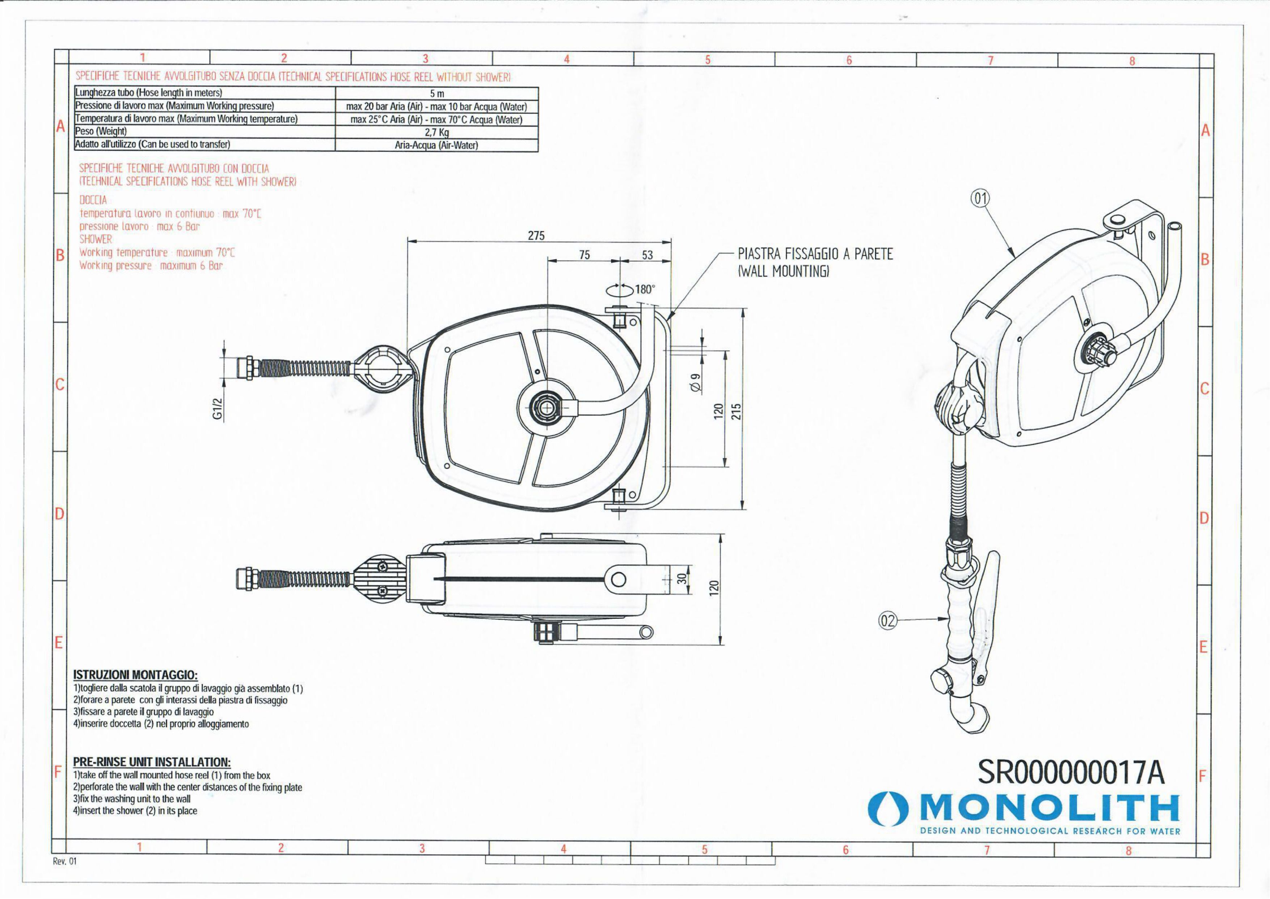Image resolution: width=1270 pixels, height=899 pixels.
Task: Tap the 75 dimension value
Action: coord(584,255)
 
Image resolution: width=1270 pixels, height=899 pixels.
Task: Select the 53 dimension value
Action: coord(647,255)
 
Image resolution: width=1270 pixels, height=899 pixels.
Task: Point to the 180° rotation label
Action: coord(645,289)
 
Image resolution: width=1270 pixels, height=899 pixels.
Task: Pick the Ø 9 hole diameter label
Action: coord(696,383)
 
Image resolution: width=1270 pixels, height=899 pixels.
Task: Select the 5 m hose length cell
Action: coord(437,93)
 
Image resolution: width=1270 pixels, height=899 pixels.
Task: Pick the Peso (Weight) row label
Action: coord(101,131)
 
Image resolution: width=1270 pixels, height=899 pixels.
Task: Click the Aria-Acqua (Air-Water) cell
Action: coord(437,145)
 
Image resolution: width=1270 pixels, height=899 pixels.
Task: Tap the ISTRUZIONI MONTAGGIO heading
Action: coord(135,675)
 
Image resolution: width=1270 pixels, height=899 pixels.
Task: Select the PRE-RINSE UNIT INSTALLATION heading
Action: coord(152,762)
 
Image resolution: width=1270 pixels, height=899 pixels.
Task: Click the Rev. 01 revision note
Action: coord(65,861)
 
